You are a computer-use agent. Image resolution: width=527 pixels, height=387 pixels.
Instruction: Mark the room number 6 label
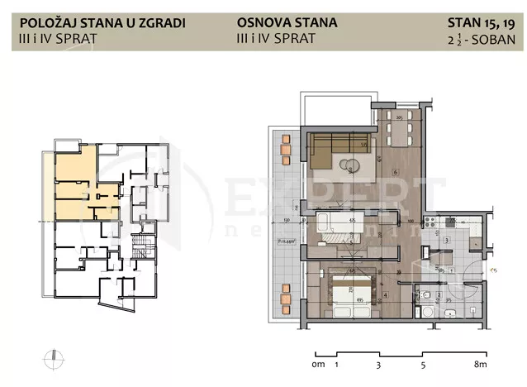tap(396, 173)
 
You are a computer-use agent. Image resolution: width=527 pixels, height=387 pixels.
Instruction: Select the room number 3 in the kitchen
tap(446, 241)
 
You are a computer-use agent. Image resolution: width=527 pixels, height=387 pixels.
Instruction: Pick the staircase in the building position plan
tap(135, 247)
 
